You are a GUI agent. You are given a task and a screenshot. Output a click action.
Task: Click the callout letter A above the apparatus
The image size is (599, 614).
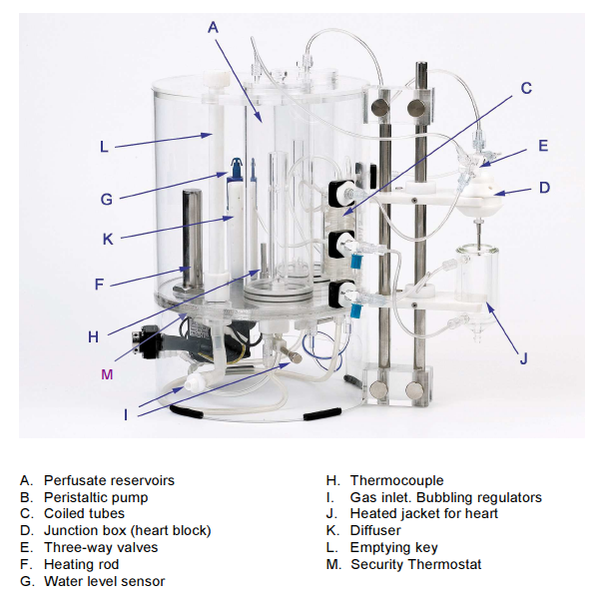click(x=212, y=27)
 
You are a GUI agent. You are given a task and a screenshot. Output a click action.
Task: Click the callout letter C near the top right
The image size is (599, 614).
click(x=526, y=88)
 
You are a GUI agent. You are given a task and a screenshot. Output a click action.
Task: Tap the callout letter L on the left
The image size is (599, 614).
click(x=104, y=147)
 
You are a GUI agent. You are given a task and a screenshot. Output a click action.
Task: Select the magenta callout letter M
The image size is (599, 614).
click(x=108, y=373)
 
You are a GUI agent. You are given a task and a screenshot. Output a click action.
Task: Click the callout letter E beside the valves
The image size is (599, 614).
click(x=543, y=145)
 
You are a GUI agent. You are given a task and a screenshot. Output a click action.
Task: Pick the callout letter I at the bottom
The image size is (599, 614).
click(x=126, y=414)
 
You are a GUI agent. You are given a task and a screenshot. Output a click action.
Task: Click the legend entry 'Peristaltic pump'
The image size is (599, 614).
click(x=96, y=497)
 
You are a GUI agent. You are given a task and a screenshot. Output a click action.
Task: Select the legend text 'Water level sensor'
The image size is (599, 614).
click(x=104, y=581)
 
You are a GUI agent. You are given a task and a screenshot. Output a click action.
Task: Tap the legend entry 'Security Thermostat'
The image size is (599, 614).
click(x=415, y=564)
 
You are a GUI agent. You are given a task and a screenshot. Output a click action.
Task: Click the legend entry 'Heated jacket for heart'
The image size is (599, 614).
click(x=423, y=513)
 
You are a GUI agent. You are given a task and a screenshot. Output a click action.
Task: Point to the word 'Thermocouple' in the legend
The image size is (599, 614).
click(x=396, y=480)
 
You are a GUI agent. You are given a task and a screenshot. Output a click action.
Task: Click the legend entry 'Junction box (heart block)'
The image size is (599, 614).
click(x=127, y=530)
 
